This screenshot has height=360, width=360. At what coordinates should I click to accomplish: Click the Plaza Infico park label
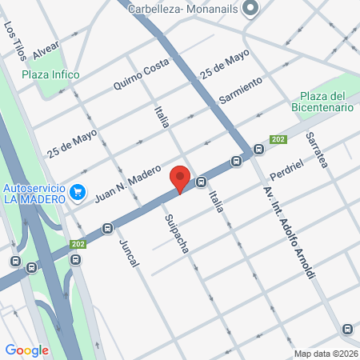(50, 74)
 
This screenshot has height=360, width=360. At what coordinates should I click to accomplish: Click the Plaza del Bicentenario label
(328, 101)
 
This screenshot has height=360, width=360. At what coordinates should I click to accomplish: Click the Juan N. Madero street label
(128, 185)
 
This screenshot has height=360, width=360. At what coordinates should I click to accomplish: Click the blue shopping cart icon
(78, 192)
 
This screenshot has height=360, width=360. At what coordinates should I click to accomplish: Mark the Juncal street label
(128, 252)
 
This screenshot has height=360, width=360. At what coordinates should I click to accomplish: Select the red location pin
(180, 178)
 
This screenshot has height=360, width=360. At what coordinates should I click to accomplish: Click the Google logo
(26, 350)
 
